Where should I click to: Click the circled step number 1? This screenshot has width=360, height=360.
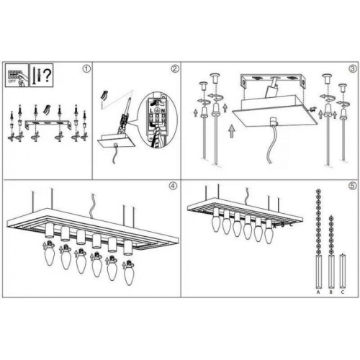pos(87,69)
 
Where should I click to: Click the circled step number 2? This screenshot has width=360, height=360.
pos(174,69)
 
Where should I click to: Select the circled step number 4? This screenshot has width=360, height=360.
pos(173,185)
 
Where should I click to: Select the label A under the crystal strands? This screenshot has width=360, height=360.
pos(318,292)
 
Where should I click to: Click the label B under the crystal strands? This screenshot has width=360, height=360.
pos(330,292)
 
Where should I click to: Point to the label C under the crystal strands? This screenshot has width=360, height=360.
pos(342,292)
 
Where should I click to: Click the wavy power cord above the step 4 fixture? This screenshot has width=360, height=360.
pos(91,206)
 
